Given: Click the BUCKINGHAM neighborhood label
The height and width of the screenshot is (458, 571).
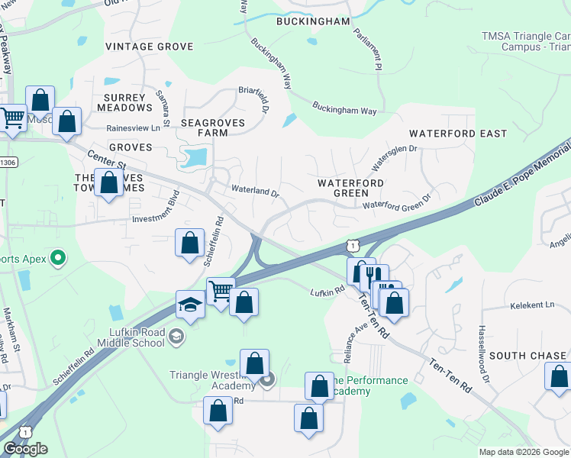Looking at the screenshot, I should pos(314,21).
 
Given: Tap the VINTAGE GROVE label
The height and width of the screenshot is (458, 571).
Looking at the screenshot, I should pos(150,47).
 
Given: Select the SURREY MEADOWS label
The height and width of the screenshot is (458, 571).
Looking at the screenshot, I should pos(124,102).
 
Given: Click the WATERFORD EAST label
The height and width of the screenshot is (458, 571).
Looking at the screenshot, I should pos(458,134).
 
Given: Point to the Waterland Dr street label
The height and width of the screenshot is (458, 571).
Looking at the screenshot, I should pos(255,191).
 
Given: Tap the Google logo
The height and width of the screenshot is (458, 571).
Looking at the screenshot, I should pos(25,449).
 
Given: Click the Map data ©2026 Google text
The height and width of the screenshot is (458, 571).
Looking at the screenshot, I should pos(523,452).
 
